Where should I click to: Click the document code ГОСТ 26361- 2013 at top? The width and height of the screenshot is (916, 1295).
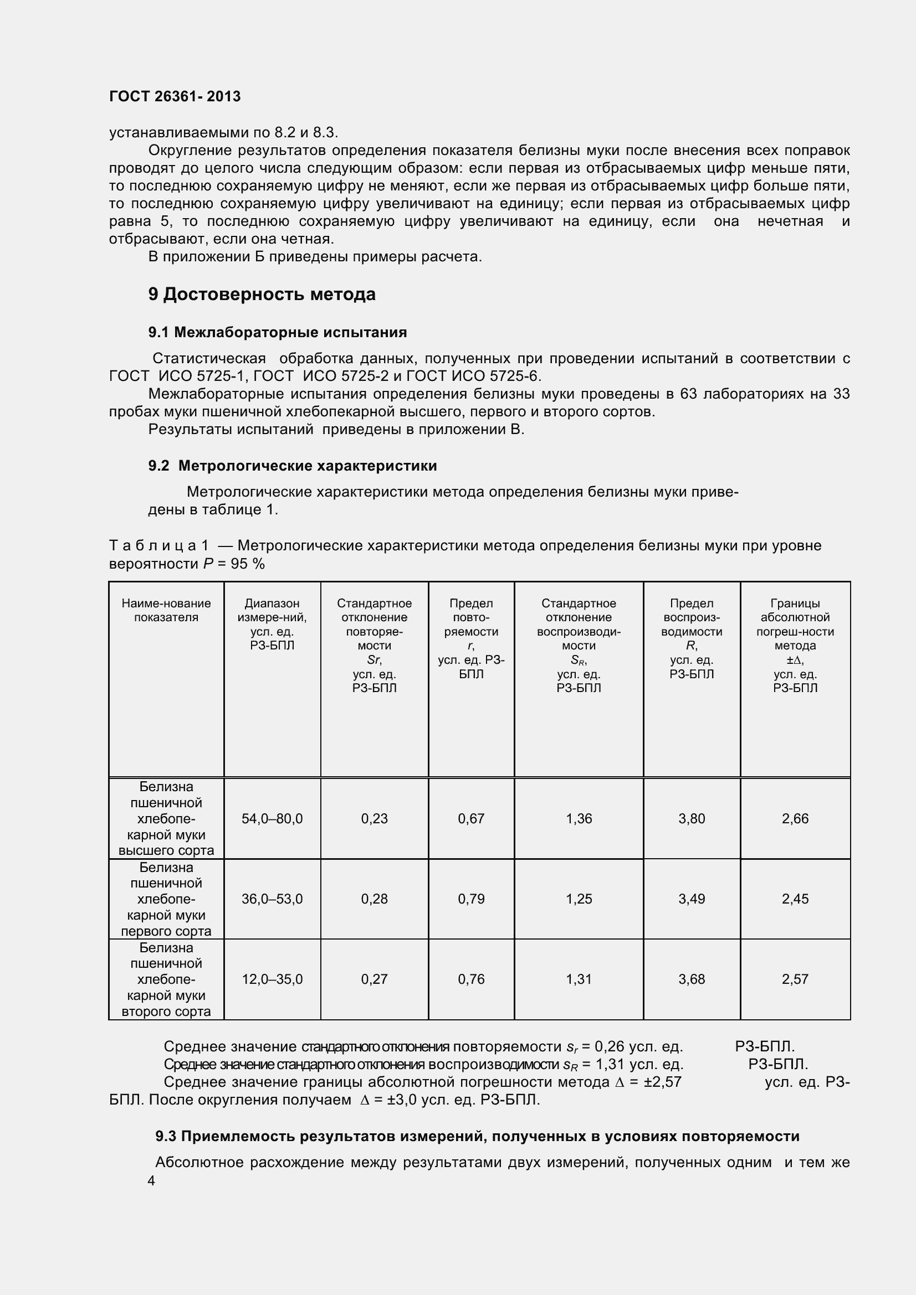coord(175,96)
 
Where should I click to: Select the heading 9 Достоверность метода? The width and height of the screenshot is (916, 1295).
coord(262,294)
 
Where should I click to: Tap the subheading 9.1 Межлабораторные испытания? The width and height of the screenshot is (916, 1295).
coord(277,332)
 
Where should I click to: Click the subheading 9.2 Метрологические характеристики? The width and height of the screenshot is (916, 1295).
coord(293,465)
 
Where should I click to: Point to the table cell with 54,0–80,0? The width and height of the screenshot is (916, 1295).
coord(272,818)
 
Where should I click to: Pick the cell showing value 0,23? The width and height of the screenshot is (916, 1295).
coord(374,818)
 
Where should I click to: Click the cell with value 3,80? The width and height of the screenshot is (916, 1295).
coord(692,818)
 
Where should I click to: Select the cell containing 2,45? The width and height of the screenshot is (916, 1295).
coord(795,899)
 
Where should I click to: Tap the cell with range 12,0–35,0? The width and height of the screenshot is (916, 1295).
coord(272,979)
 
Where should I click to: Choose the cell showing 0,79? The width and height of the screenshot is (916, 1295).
coord(471,899)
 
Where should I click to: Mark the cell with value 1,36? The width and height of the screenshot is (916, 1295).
coord(579,818)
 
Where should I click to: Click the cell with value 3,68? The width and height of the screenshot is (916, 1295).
coord(692,979)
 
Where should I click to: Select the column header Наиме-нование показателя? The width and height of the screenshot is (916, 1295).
coord(166,610)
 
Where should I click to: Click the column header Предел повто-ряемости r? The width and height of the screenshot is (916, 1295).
coord(471,638)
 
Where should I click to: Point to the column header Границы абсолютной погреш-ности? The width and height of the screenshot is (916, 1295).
coord(795,645)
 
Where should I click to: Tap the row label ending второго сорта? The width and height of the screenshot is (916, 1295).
coord(166,980)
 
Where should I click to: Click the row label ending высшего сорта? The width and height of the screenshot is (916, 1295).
coord(166,818)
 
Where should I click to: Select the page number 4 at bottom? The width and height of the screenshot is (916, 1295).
coord(151,1180)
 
